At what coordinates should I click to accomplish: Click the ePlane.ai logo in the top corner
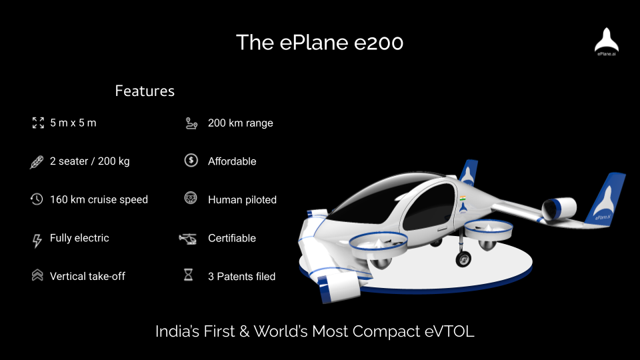coord(607,41)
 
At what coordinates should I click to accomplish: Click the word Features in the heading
coord(145,91)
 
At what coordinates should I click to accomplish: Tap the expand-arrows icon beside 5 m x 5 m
coord(38,123)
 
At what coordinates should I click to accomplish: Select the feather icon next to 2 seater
coord(37,161)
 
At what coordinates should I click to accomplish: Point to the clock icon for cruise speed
coord(37,199)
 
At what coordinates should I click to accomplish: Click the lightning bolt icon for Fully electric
coord(37,241)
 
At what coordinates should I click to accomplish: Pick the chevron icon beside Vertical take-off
coord(37,275)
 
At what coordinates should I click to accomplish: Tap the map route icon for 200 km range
coord(191,123)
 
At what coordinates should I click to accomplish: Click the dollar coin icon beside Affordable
coord(191,161)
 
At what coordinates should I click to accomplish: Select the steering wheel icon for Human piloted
coord(191,198)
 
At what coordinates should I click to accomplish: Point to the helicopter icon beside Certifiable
coord(188,239)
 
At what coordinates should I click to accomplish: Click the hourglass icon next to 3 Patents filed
coord(188,275)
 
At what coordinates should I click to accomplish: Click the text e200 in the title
coord(379,43)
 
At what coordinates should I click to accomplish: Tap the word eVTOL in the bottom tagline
coord(449,331)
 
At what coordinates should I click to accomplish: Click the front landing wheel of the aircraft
coord(463,259)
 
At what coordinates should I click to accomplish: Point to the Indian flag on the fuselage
coord(463,199)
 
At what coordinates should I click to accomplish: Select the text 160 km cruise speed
coord(99,199)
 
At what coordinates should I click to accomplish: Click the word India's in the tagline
coord(178,331)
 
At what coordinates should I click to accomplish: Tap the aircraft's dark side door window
coord(429,207)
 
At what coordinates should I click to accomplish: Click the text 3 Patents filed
coord(241,276)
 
